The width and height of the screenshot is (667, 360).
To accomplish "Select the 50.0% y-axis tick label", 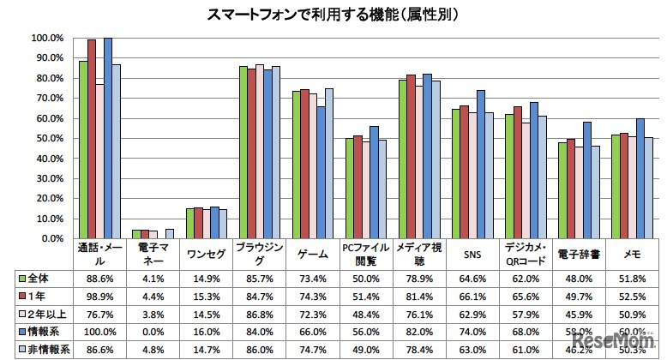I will tap(47, 139).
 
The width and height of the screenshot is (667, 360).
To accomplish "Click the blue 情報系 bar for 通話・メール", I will tap(107, 138).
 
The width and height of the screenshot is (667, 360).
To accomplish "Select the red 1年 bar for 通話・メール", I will tap(92, 139).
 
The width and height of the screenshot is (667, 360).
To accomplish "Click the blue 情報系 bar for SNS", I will tap(480, 164).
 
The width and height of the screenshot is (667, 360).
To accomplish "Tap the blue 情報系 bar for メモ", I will tap(640, 178).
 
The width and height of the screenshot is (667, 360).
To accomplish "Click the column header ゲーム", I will tap(313, 255).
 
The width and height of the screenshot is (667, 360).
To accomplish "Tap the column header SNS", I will tap(472, 255).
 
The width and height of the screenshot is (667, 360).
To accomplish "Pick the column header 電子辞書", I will tap(579, 255).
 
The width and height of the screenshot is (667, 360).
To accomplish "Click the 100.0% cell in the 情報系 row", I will tap(100, 333).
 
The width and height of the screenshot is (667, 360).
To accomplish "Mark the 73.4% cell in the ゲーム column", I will tap(313, 279).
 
